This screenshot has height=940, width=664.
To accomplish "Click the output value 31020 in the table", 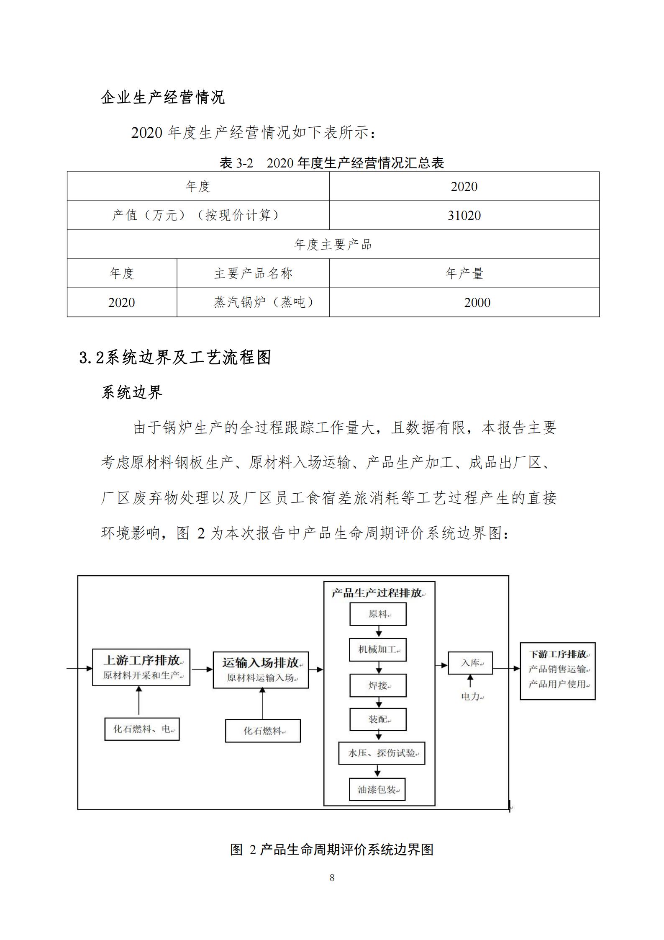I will click(464, 215).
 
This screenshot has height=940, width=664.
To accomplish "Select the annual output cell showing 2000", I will click(477, 302).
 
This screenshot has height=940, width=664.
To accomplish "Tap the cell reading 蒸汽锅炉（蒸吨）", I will click(264, 302).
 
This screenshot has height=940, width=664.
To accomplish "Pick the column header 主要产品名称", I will click(253, 273).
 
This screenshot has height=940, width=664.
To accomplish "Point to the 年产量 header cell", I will click(464, 273).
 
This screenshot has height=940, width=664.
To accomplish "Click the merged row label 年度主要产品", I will click(333, 245).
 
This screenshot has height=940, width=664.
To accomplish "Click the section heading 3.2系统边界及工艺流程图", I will click(175, 357).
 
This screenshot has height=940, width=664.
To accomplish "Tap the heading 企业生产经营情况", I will click(163, 98).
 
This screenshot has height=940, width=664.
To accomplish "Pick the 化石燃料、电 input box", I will click(142, 729).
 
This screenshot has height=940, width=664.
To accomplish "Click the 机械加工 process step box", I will click(378, 649).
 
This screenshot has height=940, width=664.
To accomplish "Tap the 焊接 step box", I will click(378, 685).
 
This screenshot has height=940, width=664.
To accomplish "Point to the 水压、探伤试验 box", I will click(382, 753).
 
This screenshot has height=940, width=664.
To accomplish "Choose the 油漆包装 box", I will click(377, 790).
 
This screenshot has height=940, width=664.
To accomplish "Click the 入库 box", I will click(470, 663).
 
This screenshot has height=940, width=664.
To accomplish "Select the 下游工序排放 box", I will click(557, 671).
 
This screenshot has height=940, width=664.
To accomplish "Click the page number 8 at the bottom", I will click(332, 878).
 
